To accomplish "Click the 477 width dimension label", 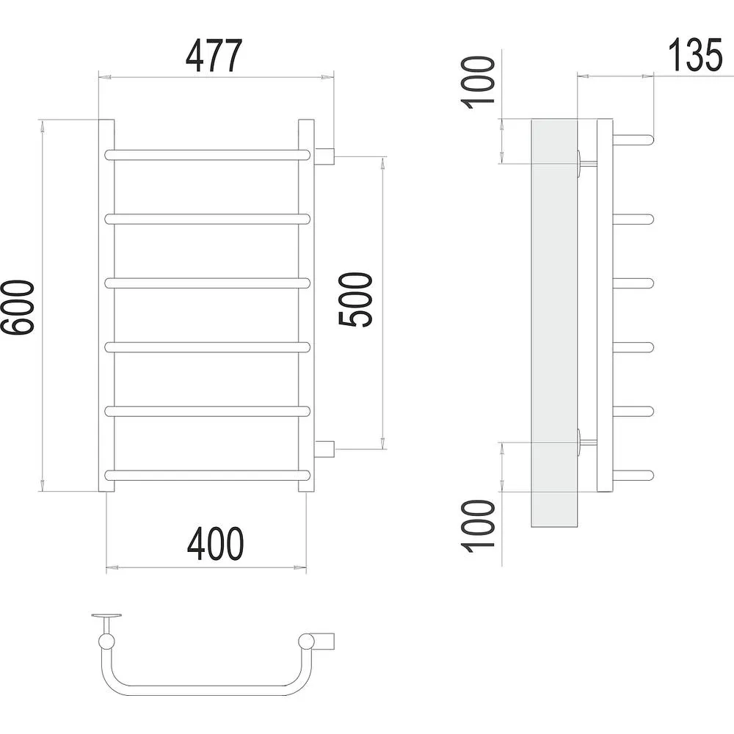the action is (x=214, y=56).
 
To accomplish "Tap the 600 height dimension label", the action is (x=18, y=308).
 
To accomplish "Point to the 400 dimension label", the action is (x=215, y=544).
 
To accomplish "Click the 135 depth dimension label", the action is (x=695, y=55).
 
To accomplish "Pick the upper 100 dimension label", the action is (x=478, y=82).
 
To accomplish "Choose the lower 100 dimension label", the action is (x=478, y=526).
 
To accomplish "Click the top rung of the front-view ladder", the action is (x=208, y=155).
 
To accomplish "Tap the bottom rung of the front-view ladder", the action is (x=208, y=476).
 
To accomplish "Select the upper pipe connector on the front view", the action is (x=324, y=156).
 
